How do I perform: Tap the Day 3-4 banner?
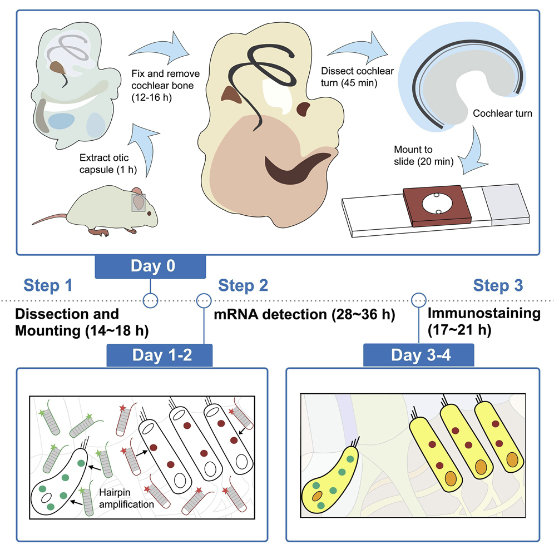tap(418, 355)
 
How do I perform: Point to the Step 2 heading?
tap(243, 286)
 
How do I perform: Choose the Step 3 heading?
tap(498, 286)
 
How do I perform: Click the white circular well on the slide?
tap(437, 204)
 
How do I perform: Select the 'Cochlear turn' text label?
tap(502, 113)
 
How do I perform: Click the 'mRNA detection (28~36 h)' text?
tap(304, 315)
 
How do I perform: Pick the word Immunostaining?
tap(483, 313)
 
